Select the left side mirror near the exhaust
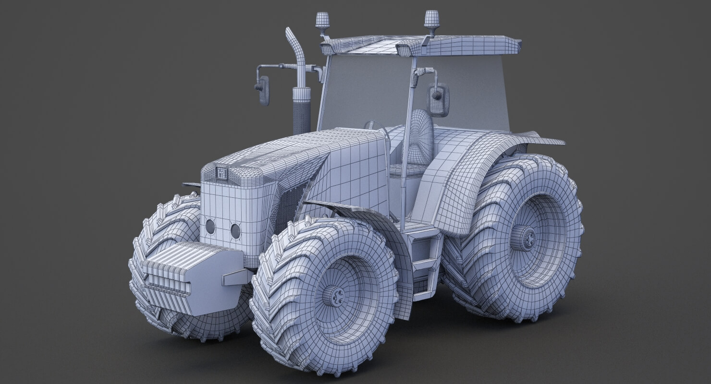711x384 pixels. (263, 90)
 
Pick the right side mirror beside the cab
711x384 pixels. (438, 100)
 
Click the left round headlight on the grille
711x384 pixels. (210, 227)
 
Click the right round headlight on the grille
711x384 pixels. (235, 231)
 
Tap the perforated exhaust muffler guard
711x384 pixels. (301, 115)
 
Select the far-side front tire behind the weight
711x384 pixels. (163, 226)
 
